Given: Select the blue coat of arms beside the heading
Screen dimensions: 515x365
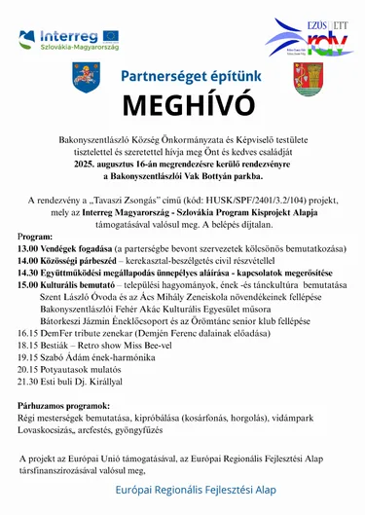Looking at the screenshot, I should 86,76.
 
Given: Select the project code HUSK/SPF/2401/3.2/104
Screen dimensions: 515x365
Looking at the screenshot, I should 258,200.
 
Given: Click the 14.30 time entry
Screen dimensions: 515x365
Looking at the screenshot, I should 29,273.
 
